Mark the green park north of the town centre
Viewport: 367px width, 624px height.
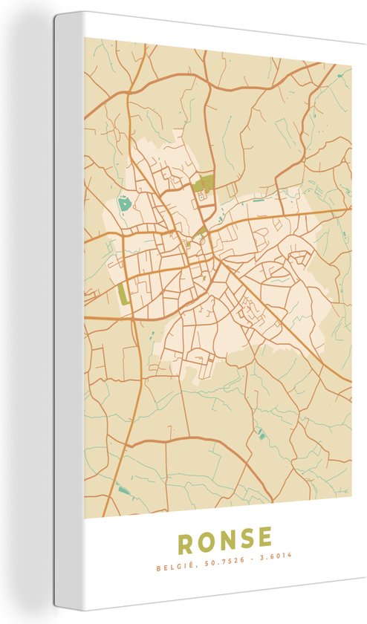(203, 183)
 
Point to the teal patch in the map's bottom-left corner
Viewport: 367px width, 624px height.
(123, 489)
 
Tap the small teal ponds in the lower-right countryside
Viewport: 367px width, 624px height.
(261, 435)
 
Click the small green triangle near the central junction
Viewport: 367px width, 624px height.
(199, 233)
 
